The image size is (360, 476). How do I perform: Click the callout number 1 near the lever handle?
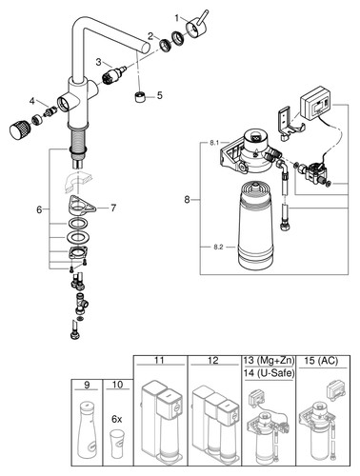point(177,18)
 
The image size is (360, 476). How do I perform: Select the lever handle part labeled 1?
point(196,27)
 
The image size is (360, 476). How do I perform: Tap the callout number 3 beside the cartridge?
point(98,62)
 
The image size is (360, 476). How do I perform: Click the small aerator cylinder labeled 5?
point(141,96)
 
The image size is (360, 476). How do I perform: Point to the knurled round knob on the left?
point(19,130)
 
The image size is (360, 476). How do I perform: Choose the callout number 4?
point(32,101)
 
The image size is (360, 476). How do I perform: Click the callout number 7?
point(113,208)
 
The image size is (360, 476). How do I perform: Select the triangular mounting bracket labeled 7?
point(82,207)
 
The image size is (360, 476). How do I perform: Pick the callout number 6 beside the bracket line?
point(39,209)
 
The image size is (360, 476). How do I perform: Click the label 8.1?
point(214,143)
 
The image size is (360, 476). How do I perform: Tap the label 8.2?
point(218,248)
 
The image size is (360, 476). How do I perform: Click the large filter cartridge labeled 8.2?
point(255,225)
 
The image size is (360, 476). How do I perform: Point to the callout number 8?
point(187,200)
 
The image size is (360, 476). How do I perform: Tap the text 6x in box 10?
point(117,419)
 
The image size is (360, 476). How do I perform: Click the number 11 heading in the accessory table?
point(159,361)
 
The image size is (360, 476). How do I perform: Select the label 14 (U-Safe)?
point(270,373)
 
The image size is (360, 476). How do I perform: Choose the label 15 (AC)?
point(321,361)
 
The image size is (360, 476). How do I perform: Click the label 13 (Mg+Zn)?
point(270,361)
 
